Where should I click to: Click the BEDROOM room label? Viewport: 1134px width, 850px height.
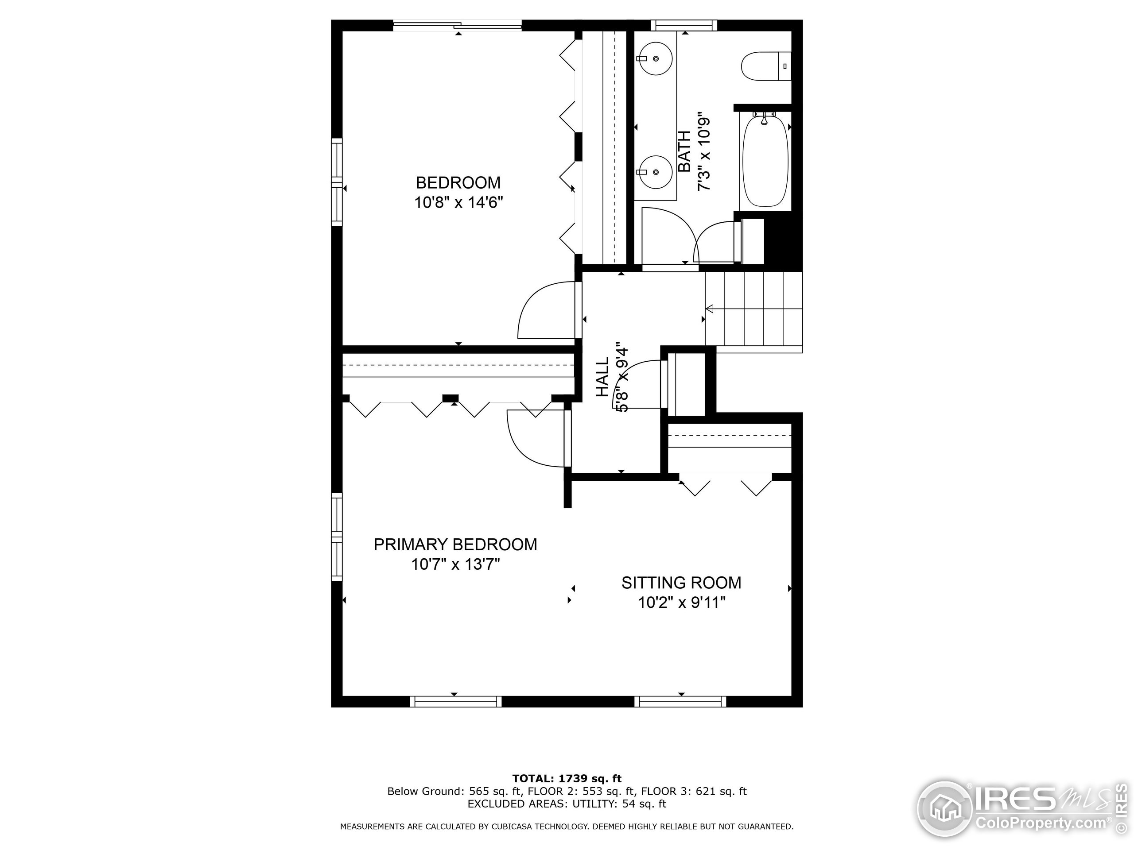[x=458, y=183]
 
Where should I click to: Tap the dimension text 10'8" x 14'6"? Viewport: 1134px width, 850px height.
[x=458, y=203]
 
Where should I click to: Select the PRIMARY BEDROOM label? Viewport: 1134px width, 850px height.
[x=455, y=544]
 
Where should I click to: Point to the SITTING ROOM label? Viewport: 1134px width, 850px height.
[x=681, y=583]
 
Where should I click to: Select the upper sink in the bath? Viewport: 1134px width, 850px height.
[x=656, y=59]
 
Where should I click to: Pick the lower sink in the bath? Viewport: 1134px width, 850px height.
[x=656, y=173]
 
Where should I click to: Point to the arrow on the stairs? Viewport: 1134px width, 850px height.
[x=710, y=309]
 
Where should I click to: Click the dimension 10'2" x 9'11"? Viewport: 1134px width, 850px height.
[x=681, y=603]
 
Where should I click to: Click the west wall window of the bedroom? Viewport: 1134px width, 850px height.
[x=336, y=182]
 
